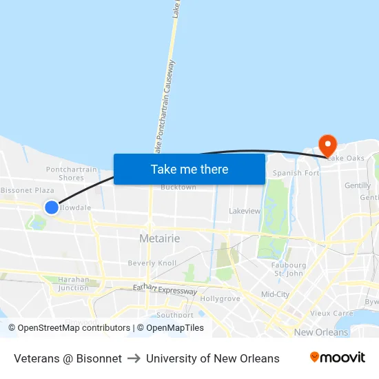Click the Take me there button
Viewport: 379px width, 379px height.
[x=189, y=169]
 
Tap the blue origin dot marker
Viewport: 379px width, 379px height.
[x=52, y=207]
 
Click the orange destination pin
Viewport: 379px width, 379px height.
[x=327, y=145]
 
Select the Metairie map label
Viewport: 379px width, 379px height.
[x=159, y=238]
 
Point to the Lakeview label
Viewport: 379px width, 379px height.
[x=245, y=211]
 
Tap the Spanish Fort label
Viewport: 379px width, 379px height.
[x=296, y=173]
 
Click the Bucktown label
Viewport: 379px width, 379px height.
[x=178, y=187]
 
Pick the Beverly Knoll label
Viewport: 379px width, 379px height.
[x=152, y=263]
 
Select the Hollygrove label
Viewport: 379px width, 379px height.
[x=220, y=299]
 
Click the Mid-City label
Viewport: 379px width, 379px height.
[x=275, y=294]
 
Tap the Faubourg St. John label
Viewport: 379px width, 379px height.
[x=289, y=269]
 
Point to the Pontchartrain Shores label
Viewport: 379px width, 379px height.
[x=72, y=174]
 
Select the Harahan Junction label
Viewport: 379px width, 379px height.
[x=73, y=284]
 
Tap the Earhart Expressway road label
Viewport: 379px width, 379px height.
[x=165, y=291]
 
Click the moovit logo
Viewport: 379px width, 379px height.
[x=338, y=358]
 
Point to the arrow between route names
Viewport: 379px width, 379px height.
[x=134, y=358]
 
